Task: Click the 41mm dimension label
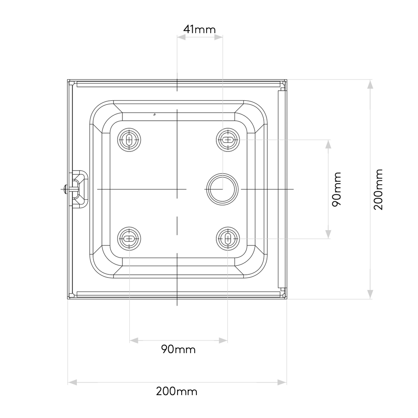tap(199, 29)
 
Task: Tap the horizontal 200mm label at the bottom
tap(176, 391)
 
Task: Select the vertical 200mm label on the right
tap(378, 189)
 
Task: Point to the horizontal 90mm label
tap(178, 349)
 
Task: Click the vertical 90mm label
tap(336, 189)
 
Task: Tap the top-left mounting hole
tap(129, 140)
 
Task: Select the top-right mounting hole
tap(227, 140)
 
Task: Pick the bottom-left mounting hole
tap(129, 238)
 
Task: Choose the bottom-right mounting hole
tap(227, 238)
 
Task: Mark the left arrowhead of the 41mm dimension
tap(181, 37)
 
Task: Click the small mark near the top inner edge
tap(154, 115)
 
